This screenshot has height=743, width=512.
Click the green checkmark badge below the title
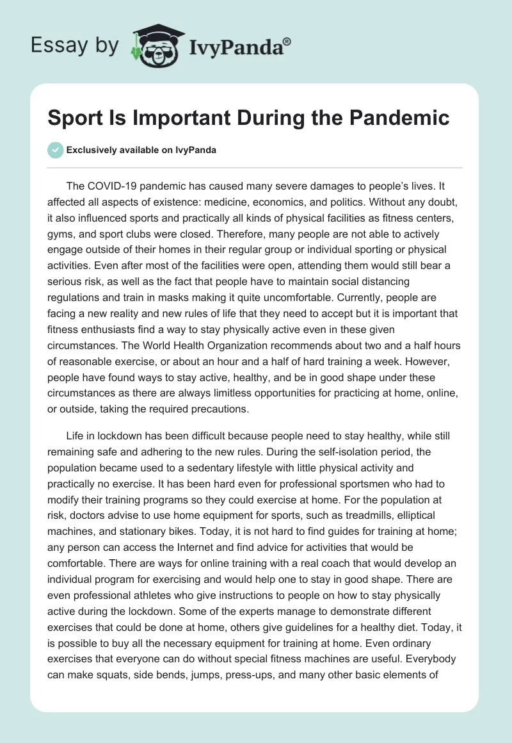pos(55,150)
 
